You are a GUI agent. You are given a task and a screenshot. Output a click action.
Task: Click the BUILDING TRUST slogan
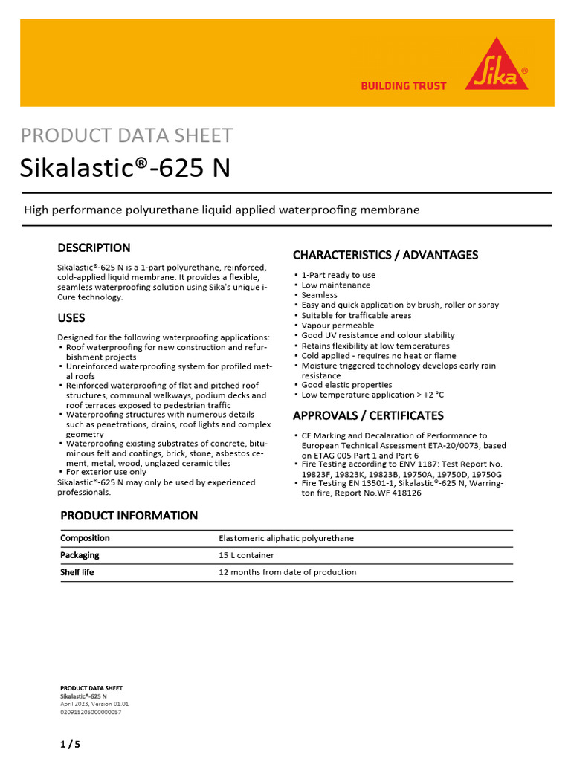404,86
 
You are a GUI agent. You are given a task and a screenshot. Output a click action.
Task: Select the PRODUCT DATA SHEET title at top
126,136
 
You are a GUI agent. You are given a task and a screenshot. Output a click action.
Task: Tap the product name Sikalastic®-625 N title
125,169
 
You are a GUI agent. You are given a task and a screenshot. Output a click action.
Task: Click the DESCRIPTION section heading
94,248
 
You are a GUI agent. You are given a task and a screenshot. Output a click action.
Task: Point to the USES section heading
71,318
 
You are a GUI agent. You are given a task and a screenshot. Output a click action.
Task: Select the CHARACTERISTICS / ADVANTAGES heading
385,255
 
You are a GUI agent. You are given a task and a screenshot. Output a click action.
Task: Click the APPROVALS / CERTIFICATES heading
368,415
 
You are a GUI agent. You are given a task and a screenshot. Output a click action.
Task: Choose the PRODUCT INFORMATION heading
129,516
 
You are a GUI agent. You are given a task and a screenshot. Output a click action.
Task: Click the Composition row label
85,538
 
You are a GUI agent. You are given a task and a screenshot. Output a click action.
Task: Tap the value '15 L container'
246,555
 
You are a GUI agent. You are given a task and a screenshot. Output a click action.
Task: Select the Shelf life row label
77,572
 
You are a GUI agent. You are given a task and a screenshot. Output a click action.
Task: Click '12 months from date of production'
287,572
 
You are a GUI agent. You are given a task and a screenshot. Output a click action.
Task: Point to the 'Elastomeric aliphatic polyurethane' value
286,538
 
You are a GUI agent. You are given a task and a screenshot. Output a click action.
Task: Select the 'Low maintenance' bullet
335,285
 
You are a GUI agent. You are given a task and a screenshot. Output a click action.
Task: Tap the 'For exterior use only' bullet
106,472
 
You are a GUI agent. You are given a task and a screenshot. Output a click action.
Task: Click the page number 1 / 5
70,743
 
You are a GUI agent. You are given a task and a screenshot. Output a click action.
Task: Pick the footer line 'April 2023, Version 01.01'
94,704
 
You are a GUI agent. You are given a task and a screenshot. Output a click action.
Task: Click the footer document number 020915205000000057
91,712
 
